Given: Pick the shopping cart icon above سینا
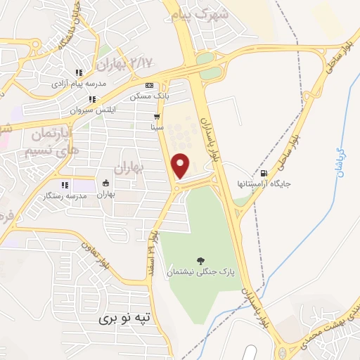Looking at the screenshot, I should pos(157,117).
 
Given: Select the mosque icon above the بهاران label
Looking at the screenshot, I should pos(105,183).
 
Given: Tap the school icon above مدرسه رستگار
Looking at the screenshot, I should pos(64,185).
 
